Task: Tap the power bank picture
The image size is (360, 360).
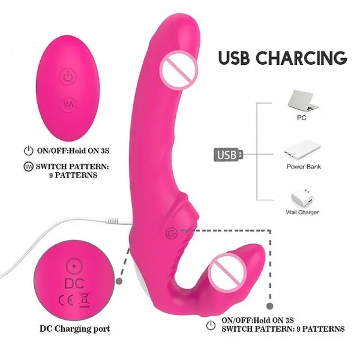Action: point(302,150)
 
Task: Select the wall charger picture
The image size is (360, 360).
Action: point(302,199)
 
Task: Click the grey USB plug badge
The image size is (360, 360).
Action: point(228,155)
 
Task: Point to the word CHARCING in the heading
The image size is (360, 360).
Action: point(301,57)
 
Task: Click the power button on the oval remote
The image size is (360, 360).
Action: point(68,76)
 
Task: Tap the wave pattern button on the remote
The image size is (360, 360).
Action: point(68,104)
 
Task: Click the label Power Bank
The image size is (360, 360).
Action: point(304,166)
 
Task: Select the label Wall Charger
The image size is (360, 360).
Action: point(302,212)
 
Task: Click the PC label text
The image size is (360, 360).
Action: point(301,118)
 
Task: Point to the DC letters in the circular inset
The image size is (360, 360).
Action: point(74,283)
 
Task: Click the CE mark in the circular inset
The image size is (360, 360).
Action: point(66,300)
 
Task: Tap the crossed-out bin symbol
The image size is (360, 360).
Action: point(84,299)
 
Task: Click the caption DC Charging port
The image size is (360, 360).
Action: point(75,329)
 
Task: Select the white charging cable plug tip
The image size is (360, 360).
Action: point(119,221)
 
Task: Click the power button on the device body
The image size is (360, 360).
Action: point(172,233)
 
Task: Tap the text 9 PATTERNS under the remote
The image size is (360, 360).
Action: point(73,175)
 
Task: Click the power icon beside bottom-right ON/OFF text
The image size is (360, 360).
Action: point(211,325)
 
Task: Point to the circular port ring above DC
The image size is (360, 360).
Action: point(74,266)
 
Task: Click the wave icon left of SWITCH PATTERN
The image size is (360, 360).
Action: point(28,166)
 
